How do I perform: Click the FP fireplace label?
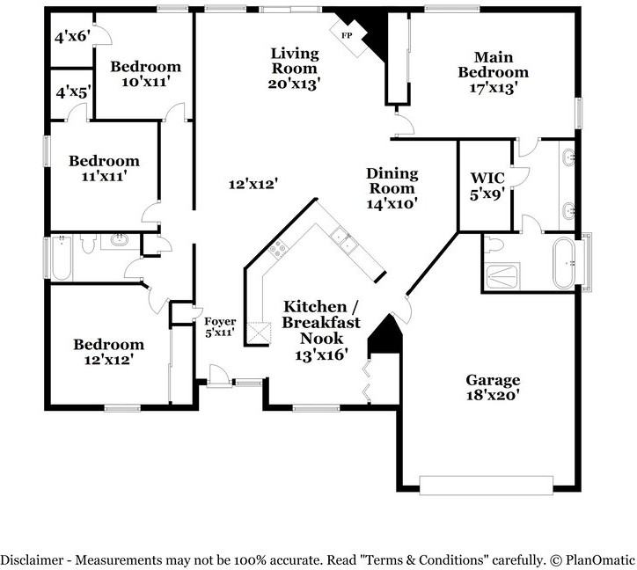[x=347, y=35]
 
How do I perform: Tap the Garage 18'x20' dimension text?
[x=493, y=395]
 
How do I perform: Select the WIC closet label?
[x=487, y=178]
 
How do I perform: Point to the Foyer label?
[x=220, y=322]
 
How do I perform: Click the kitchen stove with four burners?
[x=278, y=248]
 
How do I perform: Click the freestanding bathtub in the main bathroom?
[x=564, y=263]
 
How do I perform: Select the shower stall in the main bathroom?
[x=503, y=276]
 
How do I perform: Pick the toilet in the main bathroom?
[x=494, y=245]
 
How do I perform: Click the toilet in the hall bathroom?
[x=87, y=244]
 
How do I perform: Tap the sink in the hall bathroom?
[x=120, y=240]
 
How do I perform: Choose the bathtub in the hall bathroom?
[x=62, y=258]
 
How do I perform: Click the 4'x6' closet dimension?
[x=72, y=37]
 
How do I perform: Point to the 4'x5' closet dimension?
[x=73, y=93]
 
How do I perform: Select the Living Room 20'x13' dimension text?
[x=295, y=84]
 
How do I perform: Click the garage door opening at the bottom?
[x=486, y=485]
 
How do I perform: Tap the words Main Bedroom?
[x=494, y=64]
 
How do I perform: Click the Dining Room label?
[x=392, y=181]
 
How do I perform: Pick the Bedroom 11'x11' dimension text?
[x=104, y=177]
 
